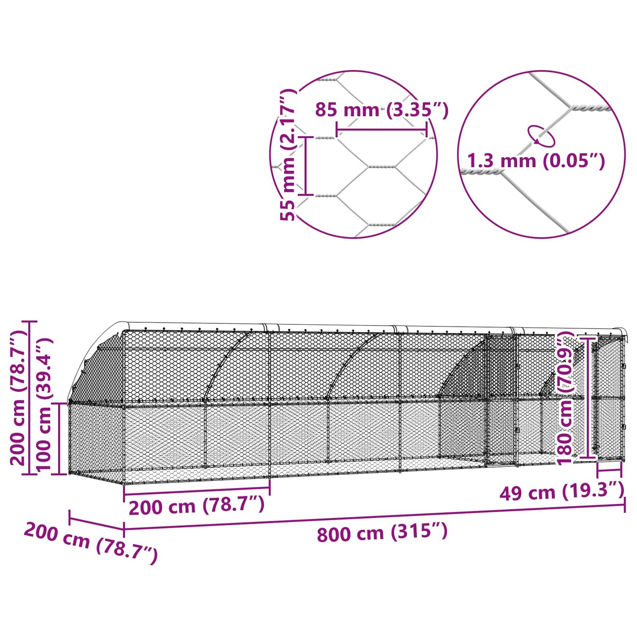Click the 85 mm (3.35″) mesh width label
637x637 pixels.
381,110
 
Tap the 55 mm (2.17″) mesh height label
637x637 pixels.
288,154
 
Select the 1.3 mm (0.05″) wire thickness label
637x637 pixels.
536,161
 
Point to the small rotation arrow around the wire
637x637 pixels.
541,135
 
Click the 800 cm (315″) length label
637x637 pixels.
382,533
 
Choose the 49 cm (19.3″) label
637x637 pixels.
562,492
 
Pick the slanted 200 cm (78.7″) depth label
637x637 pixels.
90,542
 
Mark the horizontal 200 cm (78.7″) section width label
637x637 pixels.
197,506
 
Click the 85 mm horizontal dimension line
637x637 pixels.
381,130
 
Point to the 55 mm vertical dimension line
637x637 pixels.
305,166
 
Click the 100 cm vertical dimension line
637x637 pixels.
59,439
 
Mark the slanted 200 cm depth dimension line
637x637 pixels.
96,523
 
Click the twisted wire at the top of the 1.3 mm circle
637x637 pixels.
589,108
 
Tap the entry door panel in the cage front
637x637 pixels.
501,399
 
